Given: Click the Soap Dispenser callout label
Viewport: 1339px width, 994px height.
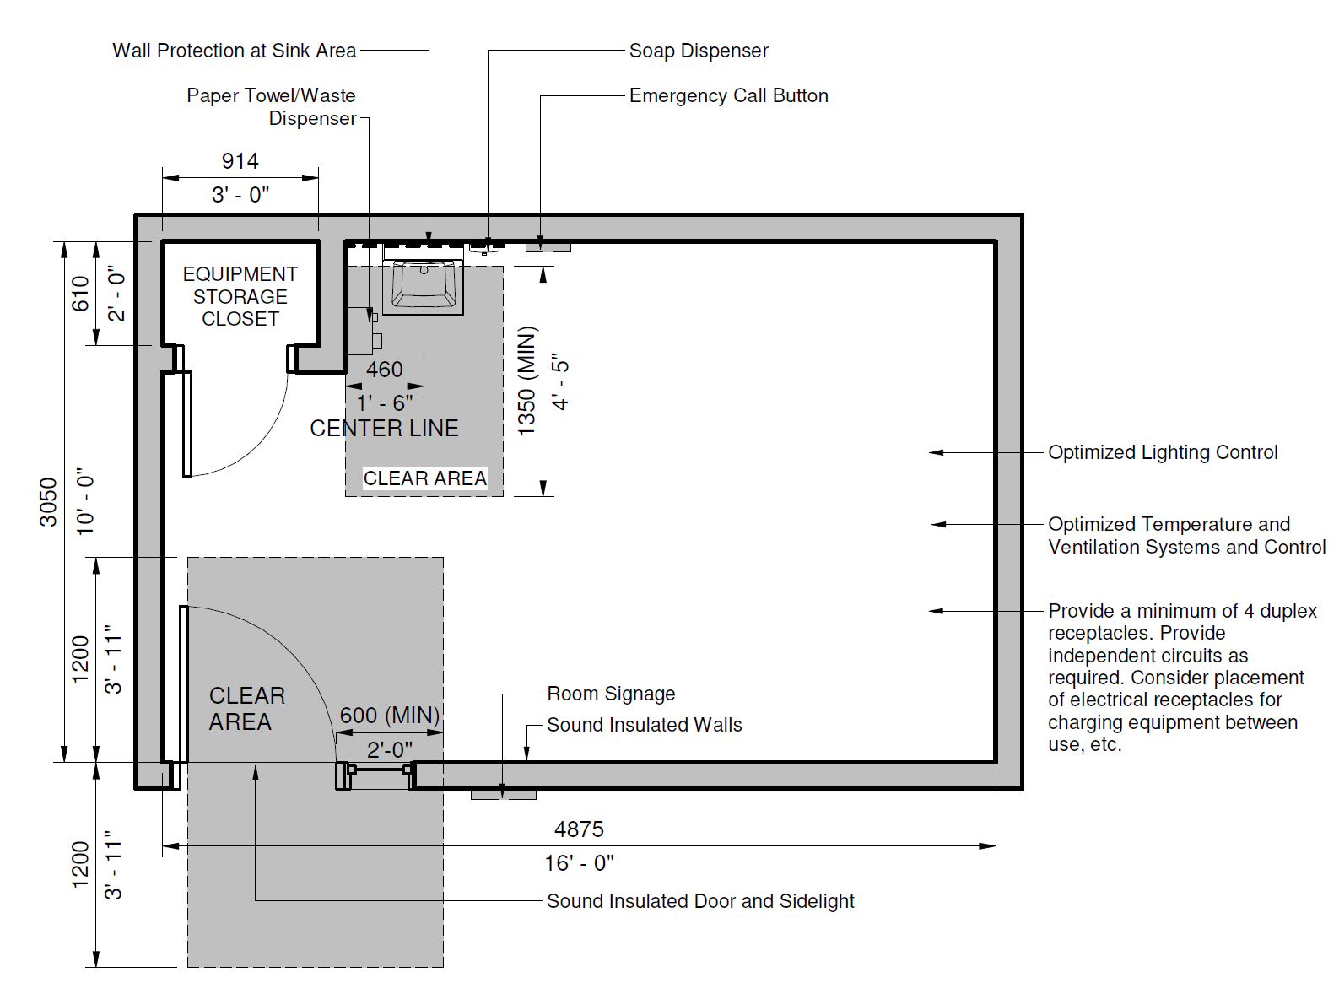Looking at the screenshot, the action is tap(699, 51).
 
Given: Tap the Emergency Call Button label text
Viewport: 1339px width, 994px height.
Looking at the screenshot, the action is tap(729, 95).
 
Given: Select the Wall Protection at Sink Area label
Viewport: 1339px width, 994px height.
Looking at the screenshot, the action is tap(235, 51).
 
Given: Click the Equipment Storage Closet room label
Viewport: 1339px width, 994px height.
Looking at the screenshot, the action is tap(240, 296).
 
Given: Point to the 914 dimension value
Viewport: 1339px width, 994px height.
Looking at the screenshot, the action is tap(240, 161).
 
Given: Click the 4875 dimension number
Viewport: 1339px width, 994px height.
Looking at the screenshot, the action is tap(579, 829).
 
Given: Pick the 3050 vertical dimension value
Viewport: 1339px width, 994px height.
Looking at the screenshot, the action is tap(48, 502).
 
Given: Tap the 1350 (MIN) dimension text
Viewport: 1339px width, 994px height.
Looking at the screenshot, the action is tap(526, 381).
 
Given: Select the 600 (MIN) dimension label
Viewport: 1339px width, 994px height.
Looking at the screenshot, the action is tap(390, 715).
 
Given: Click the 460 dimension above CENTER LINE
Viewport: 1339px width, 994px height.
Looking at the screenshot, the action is tap(385, 369).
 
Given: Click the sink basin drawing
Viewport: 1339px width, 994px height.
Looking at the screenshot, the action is tap(424, 284).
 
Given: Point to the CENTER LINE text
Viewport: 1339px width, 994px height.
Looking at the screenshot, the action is tap(384, 428).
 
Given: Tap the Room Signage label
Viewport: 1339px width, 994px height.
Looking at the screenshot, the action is tap(611, 694).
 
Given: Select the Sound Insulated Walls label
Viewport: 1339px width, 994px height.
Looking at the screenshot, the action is tap(644, 725).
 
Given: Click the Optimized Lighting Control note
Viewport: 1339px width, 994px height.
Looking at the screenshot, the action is tap(1163, 452).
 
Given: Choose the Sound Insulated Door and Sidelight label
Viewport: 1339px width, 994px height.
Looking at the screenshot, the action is tap(700, 901).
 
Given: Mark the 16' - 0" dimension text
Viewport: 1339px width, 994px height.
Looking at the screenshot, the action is tap(579, 863).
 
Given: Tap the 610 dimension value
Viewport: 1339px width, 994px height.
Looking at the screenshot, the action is tap(80, 294).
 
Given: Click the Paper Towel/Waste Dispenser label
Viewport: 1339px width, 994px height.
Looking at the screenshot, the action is tap(271, 107).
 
